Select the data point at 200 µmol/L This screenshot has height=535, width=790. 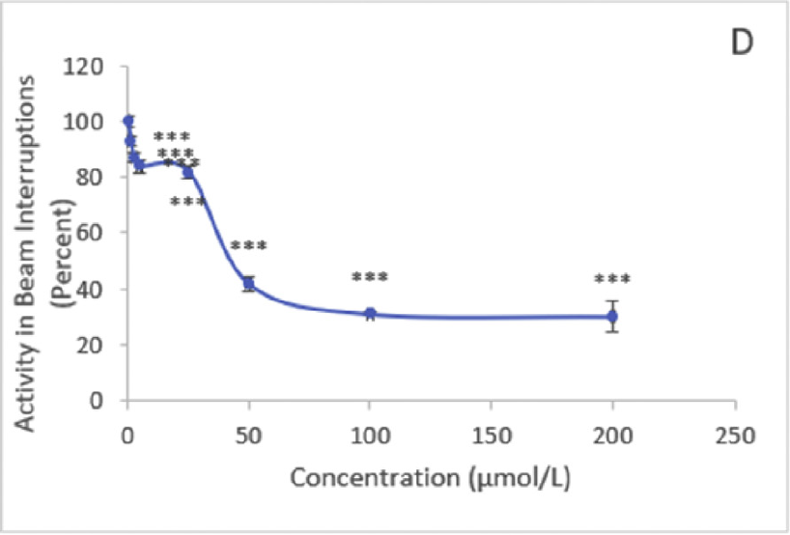[x=611, y=316]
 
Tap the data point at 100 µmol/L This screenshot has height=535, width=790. [x=370, y=313]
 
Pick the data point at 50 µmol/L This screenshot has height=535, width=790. [x=249, y=283]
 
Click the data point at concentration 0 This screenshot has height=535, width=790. [x=128, y=121]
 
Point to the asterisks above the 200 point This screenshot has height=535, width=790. [x=612, y=281]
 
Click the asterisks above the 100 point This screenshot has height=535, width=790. [x=370, y=278]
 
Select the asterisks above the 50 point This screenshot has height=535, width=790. [x=248, y=246]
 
